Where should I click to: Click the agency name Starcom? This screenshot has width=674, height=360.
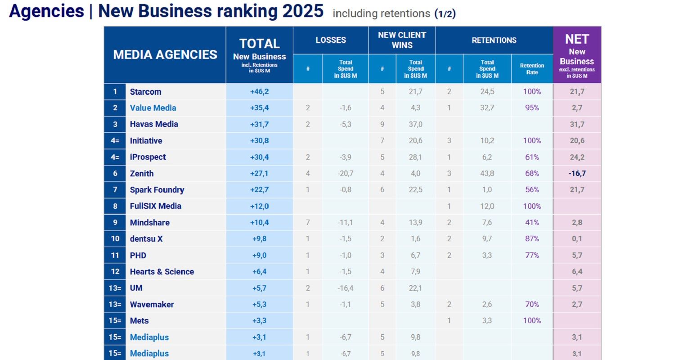coord(145,92)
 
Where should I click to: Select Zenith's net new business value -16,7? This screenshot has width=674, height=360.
coord(577,173)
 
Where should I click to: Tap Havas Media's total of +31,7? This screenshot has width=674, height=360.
coord(259,124)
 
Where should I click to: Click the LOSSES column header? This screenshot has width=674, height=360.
coord(331,40)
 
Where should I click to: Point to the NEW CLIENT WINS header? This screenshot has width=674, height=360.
coord(402,40)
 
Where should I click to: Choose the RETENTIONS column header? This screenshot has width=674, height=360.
coord(494,40)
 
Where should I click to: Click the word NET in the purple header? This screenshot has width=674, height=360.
coord(577,40)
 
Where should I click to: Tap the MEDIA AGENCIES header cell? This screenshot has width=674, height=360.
coord(165,55)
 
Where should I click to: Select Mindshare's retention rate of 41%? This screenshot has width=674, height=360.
coord(532,222)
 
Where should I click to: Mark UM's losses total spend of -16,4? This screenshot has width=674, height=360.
coord(345,288)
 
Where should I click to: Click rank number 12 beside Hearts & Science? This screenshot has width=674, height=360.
coord(115,271)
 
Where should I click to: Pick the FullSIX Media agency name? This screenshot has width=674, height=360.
coord(155,206)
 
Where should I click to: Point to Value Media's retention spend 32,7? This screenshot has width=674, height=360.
coord(487,108)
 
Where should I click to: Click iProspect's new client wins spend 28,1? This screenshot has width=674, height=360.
coord(415,157)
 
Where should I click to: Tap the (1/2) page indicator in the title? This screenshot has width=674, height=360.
coord(445,14)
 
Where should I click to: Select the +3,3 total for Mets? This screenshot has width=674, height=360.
coord(259,321)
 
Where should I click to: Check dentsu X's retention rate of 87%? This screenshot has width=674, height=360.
coord(532,239)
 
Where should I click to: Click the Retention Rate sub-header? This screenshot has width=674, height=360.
coord(532,69)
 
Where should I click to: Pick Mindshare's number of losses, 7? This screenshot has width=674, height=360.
coord(308,222)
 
